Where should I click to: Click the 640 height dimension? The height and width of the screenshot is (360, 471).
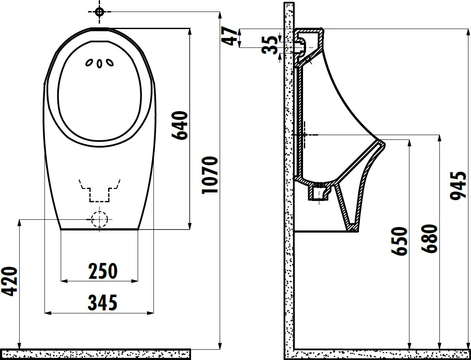(180, 125)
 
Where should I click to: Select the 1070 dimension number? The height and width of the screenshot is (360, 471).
(209, 175)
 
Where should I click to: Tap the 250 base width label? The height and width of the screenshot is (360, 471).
(103, 271)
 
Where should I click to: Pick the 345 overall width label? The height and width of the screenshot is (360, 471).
(103, 303)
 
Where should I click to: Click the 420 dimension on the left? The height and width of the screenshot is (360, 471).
(9, 281)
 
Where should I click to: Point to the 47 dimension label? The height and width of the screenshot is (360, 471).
(230, 36)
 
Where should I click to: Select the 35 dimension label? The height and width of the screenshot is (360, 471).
(270, 45)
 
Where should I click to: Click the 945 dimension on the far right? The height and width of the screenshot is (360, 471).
(458, 186)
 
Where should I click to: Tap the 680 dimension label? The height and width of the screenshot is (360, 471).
(429, 239)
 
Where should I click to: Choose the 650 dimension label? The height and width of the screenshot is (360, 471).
(399, 241)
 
